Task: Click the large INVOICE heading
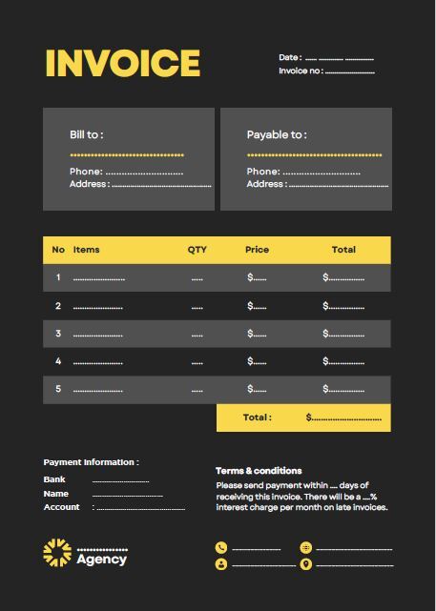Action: (x=123, y=63)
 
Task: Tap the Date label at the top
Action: (x=290, y=58)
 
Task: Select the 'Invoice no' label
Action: (x=301, y=71)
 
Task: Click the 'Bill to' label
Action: (x=86, y=134)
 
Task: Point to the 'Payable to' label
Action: (x=277, y=134)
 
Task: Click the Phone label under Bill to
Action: (x=85, y=172)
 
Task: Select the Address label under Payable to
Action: (x=265, y=184)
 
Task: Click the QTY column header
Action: (x=197, y=250)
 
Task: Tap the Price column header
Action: (x=257, y=250)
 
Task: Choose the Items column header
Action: (x=86, y=250)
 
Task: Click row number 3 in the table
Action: (x=58, y=334)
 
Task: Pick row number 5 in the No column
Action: (x=58, y=389)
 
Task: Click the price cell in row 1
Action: (x=257, y=278)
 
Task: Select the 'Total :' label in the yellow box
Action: (x=257, y=418)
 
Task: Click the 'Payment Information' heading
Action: (x=91, y=462)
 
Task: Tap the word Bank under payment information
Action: (x=54, y=479)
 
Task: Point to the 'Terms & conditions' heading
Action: (x=259, y=471)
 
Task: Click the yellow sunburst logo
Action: (x=57, y=553)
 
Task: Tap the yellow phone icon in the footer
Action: (x=221, y=548)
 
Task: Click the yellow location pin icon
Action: (x=305, y=564)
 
